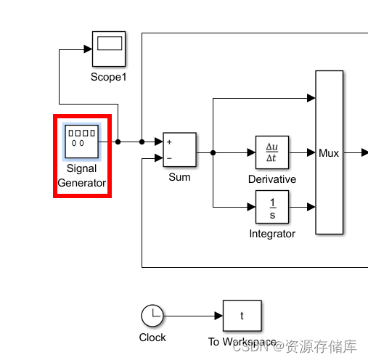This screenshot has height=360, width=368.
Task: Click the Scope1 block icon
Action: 109,48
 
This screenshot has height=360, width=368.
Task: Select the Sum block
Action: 179,150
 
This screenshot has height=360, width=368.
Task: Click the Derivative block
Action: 272,153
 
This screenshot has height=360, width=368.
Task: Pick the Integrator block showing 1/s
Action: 272,207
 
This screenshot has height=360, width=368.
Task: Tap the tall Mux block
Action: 329,152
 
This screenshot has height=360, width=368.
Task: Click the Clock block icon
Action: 152,316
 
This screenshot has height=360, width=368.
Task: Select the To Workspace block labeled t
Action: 242,316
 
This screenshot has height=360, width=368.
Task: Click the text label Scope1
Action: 109,76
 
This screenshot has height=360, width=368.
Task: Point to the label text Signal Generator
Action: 82,176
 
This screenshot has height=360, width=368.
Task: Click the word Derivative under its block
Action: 272,179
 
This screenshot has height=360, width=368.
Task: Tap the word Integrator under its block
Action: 272,234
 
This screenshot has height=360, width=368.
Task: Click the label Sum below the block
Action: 179,177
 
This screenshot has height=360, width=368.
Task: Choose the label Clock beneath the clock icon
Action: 152,337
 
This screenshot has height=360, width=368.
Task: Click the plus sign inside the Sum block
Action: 169,142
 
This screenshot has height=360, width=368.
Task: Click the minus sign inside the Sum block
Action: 169,157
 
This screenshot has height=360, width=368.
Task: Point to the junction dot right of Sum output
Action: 213,153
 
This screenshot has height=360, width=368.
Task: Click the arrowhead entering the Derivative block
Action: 251,153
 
